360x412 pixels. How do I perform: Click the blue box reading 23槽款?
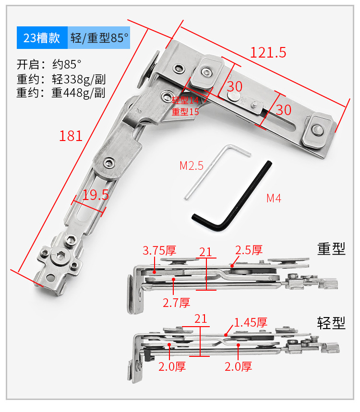pos(42,38)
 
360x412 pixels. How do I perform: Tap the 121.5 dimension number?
pos(268,52)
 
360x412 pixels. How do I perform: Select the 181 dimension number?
pos(71,136)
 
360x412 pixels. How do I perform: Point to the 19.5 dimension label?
pos(96,194)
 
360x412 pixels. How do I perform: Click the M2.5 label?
pos(192,166)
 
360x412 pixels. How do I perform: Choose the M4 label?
pos(274,198)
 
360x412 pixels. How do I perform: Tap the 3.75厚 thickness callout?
pos(159,250)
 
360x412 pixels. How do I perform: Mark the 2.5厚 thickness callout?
pos(249,250)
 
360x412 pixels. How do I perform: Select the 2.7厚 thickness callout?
pos(176,302)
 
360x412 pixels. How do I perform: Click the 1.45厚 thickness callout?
pos(250,322)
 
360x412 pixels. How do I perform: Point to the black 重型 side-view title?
pos(331,248)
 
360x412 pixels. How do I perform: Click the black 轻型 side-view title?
pos(331,322)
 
